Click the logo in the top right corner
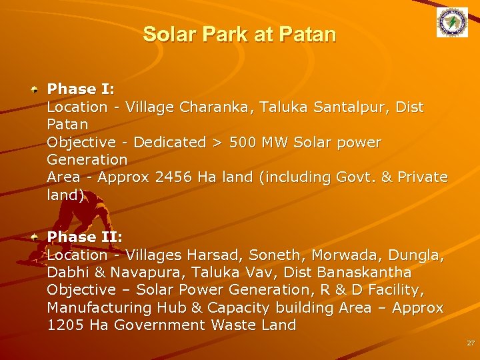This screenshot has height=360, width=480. (x=452, y=23)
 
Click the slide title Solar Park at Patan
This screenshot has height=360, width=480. (x=239, y=35)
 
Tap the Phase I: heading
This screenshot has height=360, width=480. (x=81, y=89)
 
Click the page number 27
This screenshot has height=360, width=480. (x=471, y=343)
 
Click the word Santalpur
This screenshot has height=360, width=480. (x=347, y=107)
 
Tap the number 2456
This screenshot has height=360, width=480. (x=174, y=177)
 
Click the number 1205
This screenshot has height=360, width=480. (x=65, y=325)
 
